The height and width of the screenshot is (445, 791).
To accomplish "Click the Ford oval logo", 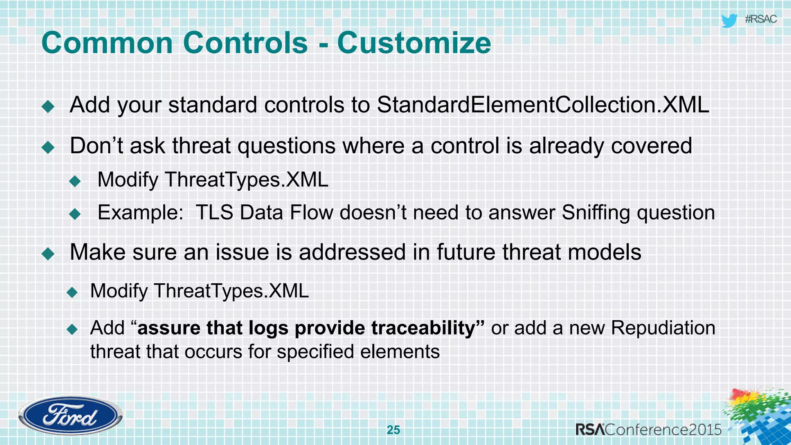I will (70, 416).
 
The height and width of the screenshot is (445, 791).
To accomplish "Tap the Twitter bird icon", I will (729, 20).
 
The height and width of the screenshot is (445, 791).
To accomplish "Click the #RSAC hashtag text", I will (760, 19).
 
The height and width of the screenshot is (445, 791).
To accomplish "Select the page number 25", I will (393, 430).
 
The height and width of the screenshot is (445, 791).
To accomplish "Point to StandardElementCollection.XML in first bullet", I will (543, 105).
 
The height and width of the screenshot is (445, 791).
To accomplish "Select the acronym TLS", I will (214, 212).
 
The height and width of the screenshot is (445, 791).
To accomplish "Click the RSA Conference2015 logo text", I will (648, 430).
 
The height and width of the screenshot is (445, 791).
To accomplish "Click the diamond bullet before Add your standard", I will (48, 106).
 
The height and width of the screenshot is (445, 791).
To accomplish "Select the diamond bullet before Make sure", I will (48, 254).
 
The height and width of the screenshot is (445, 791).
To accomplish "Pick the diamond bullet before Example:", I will (75, 214).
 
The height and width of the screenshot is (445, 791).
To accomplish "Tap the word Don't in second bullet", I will (96, 146).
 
